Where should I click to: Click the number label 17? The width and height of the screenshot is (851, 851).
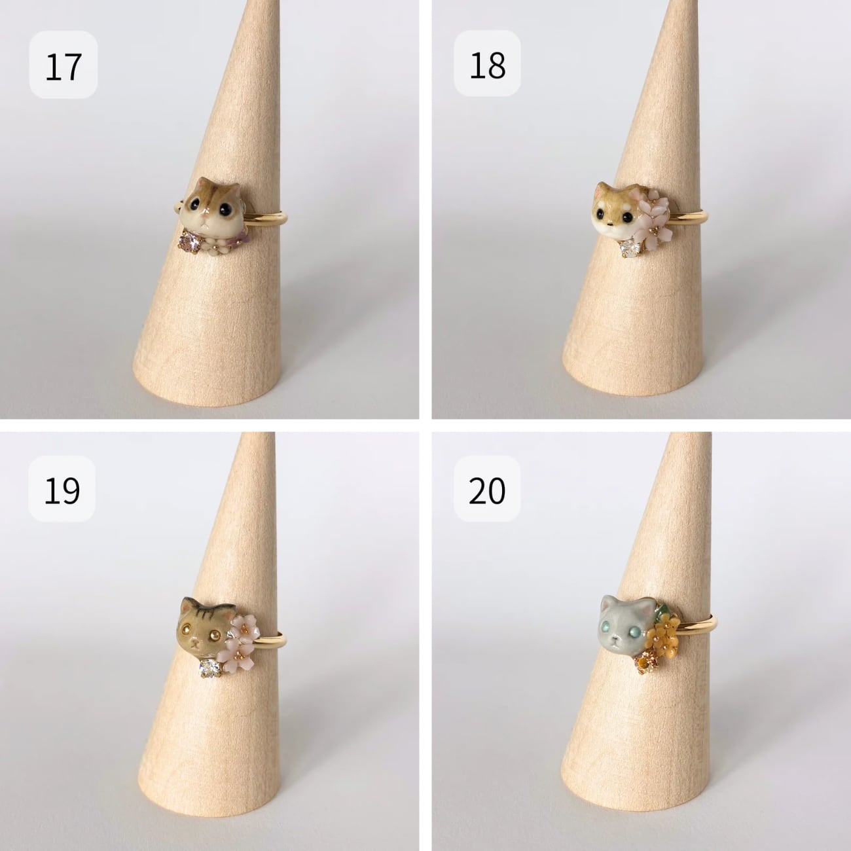[63, 67]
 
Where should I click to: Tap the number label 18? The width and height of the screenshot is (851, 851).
[488, 65]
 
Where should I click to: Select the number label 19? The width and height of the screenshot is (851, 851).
[62, 491]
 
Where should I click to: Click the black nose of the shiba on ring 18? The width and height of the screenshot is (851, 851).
[610, 226]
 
